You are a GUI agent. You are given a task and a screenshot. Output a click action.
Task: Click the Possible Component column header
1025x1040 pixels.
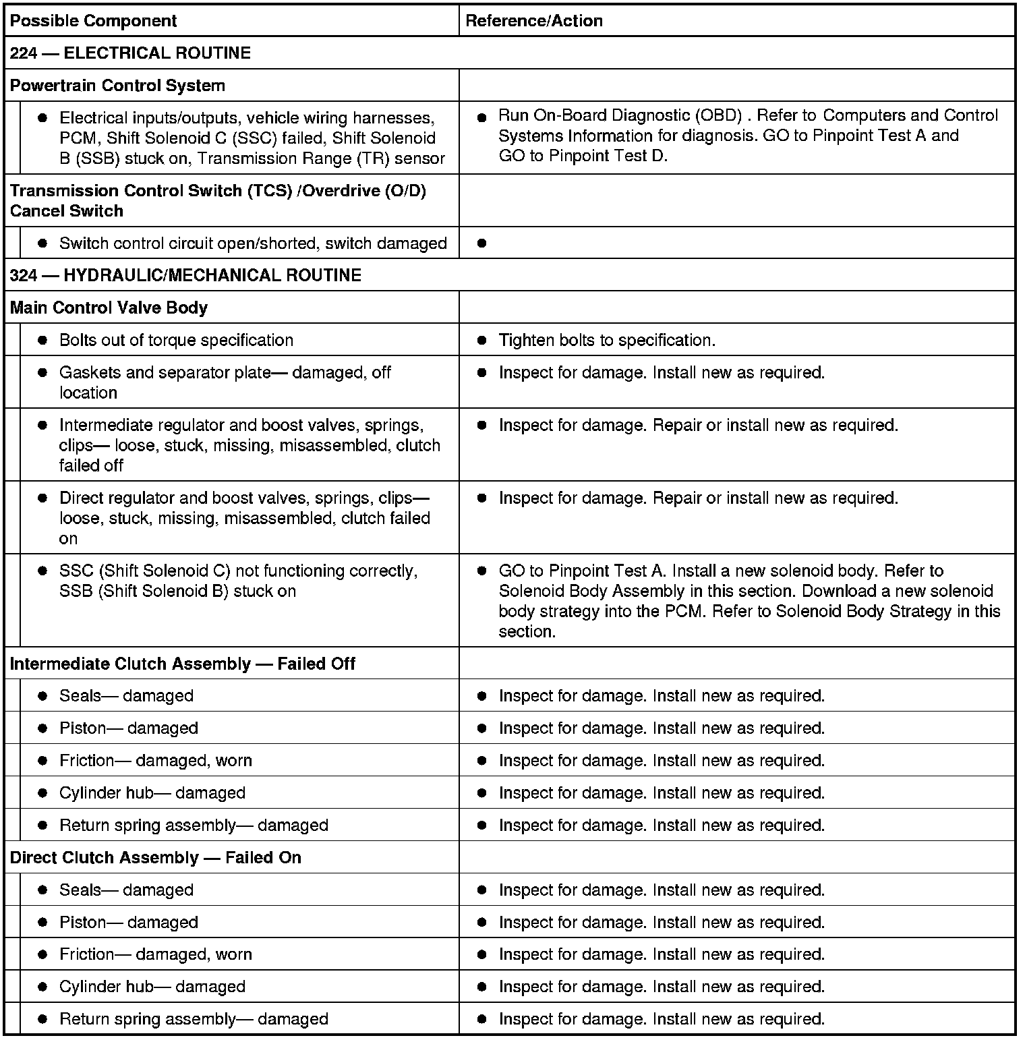click(x=93, y=21)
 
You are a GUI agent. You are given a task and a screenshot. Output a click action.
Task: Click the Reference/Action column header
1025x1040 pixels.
click(x=534, y=21)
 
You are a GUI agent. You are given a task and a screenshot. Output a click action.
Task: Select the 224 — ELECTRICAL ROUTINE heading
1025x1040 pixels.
click(x=130, y=53)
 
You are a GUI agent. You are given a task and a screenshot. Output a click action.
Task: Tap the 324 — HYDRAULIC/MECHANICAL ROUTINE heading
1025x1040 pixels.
click(x=185, y=275)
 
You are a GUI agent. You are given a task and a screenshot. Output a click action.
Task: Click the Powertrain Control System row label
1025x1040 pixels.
click(x=117, y=86)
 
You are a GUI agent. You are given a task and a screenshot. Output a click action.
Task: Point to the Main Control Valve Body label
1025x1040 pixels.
click(x=109, y=308)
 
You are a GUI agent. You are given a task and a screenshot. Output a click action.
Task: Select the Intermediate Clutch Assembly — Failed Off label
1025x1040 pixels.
click(x=182, y=664)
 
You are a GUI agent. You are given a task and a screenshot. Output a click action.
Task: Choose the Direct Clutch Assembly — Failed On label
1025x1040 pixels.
click(x=155, y=858)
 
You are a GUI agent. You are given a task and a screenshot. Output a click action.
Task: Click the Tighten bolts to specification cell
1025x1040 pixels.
click(x=606, y=340)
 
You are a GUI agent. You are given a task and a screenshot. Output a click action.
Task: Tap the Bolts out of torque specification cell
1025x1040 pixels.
click(x=176, y=340)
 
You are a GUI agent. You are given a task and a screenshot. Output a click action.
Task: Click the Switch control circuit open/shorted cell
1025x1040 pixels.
click(x=253, y=243)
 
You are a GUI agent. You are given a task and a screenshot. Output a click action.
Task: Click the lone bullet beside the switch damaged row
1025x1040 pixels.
click(x=481, y=243)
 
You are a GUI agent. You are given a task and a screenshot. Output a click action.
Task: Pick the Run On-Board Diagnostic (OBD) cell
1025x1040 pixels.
click(x=747, y=136)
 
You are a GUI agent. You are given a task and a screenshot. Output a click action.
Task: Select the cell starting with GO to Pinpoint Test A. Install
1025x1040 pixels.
click(x=749, y=601)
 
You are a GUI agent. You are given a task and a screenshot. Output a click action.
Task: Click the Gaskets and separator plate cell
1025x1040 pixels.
click(x=225, y=382)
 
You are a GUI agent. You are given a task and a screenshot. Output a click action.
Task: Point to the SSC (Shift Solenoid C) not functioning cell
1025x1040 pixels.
click(x=238, y=581)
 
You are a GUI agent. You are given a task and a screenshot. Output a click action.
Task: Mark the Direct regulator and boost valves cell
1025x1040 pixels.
click(x=244, y=518)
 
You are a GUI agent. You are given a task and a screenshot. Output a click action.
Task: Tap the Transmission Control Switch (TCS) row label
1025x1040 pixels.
click(x=217, y=200)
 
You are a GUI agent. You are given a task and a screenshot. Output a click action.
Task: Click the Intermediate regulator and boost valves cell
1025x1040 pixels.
click(x=249, y=445)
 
